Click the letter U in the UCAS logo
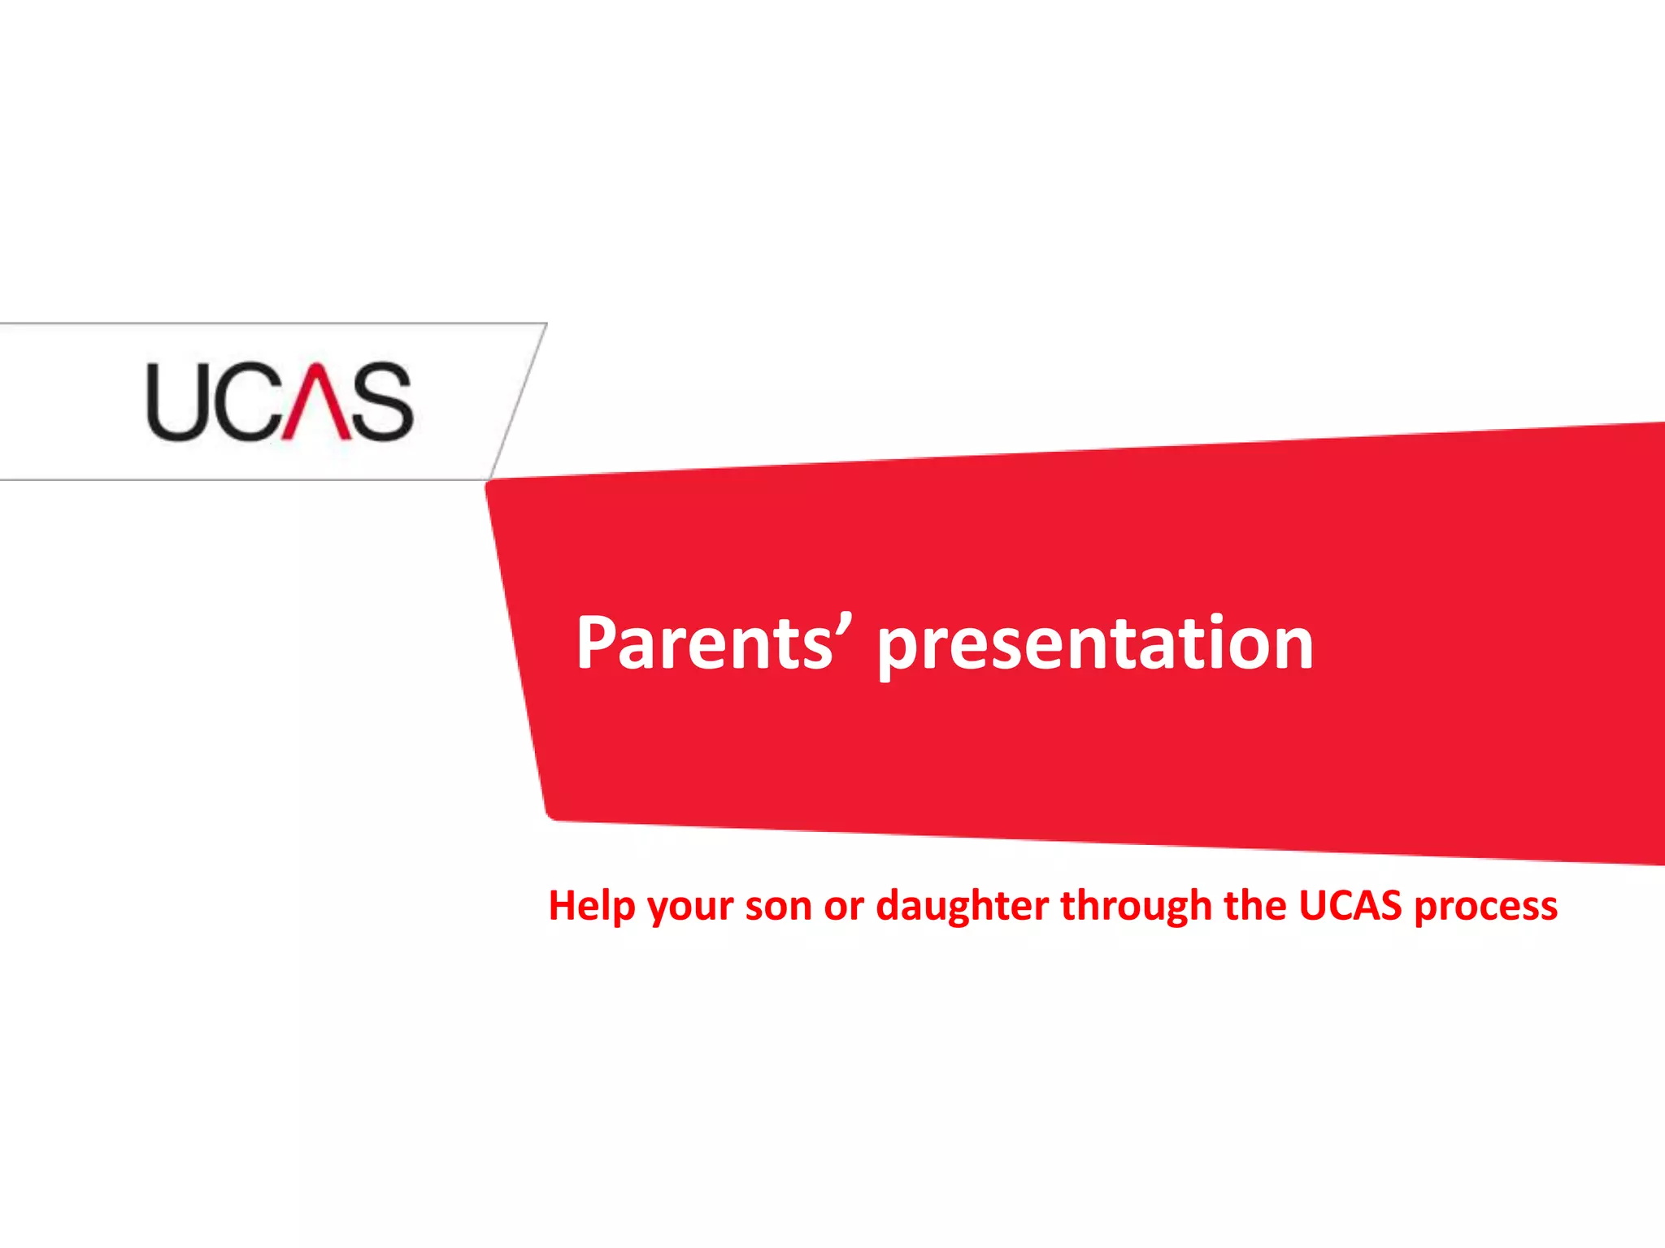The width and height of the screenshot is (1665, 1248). coord(175,402)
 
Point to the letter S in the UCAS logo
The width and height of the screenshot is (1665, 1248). coord(383,402)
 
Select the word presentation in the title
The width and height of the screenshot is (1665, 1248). coord(1094,646)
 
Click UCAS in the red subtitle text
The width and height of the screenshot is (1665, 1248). coord(1350,905)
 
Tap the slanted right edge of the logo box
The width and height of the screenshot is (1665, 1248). coord(519,401)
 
